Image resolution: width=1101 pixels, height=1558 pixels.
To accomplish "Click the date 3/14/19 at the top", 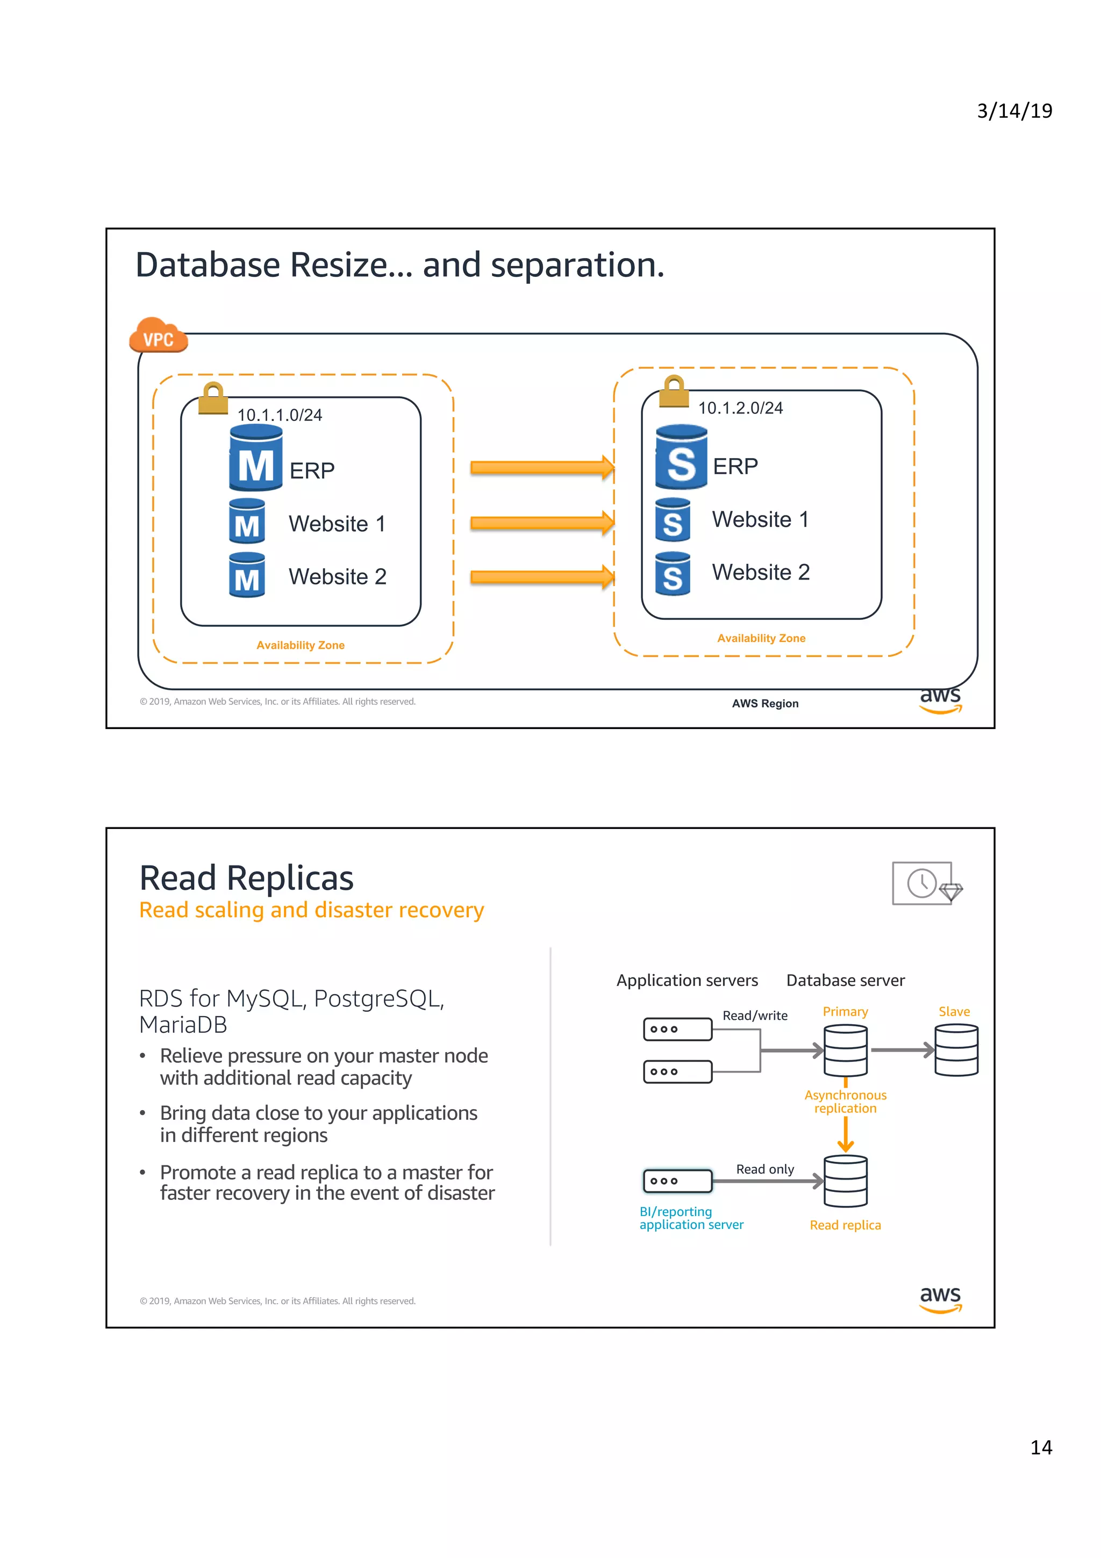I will coord(1013,111).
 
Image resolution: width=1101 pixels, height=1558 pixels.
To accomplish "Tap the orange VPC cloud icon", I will coord(158,336).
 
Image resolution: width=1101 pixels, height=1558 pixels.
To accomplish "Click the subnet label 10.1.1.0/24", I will coord(280,414).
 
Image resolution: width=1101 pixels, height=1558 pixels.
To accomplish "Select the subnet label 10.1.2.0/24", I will coord(740,408).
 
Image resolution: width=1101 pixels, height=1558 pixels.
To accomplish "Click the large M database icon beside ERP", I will coord(256,459).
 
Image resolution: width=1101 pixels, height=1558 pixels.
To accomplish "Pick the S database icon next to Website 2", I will coord(673,574).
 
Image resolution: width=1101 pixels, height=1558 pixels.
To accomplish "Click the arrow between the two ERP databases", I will coord(541,468).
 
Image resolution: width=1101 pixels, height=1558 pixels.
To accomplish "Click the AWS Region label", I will coord(764,704).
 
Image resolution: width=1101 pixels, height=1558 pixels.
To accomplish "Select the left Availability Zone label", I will coord(300,645).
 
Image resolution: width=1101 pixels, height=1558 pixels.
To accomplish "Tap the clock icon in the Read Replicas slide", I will coord(921,883).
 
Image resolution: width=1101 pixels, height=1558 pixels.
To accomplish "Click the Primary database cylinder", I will coord(845,1050).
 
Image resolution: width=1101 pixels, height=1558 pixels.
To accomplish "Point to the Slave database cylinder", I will coord(956,1050).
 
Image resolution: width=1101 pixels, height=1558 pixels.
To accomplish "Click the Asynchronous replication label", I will coord(845,1102).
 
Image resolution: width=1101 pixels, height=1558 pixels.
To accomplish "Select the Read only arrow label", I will coord(764,1169).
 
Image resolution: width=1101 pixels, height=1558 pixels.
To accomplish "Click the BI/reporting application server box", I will coord(677,1181).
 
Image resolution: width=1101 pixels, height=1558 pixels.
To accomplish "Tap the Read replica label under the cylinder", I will coord(845,1225).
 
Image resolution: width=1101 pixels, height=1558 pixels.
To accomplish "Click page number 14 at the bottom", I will coord(1041,1447).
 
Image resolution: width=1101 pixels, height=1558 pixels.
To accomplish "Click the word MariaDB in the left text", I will coord(183,1025).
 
